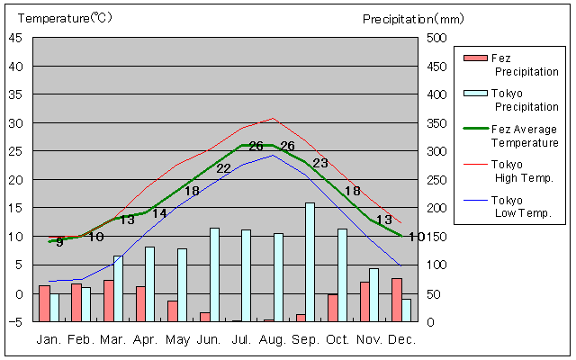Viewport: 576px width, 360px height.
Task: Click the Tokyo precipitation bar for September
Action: click(x=310, y=261)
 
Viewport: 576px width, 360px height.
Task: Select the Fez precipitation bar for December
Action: click(x=397, y=300)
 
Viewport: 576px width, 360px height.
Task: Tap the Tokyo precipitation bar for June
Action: click(x=214, y=274)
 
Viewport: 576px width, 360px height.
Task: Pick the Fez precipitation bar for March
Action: click(x=109, y=301)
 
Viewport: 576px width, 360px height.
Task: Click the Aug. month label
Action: click(x=273, y=339)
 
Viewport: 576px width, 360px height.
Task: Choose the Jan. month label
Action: click(x=49, y=339)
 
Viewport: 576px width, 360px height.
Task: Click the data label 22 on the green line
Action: click(x=224, y=168)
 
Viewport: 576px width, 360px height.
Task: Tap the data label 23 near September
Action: click(x=320, y=163)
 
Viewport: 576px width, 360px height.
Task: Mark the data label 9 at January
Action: click(x=59, y=241)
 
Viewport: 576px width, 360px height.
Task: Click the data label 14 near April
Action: click(x=159, y=213)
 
